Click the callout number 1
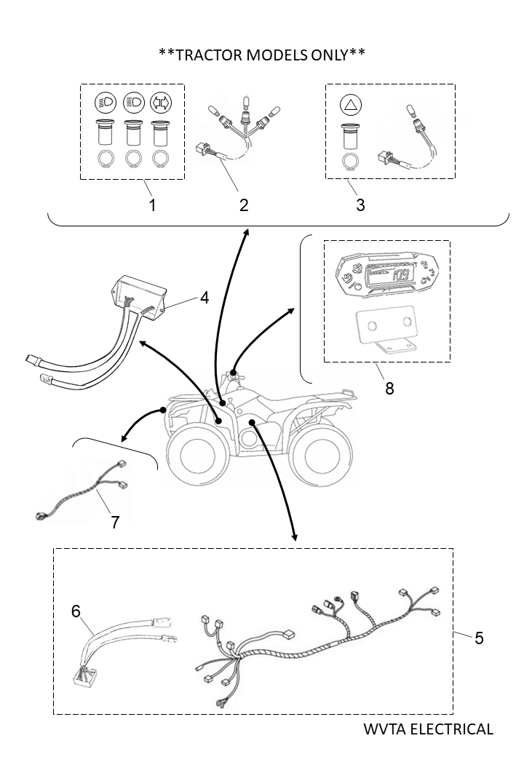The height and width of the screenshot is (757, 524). (152, 205)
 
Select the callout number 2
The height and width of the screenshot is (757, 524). (244, 205)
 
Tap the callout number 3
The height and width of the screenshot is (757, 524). (360, 205)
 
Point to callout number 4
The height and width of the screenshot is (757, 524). (205, 297)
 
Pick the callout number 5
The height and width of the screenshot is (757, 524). (479, 638)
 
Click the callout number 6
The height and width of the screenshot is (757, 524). (76, 611)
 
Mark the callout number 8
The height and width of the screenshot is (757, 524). (389, 388)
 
